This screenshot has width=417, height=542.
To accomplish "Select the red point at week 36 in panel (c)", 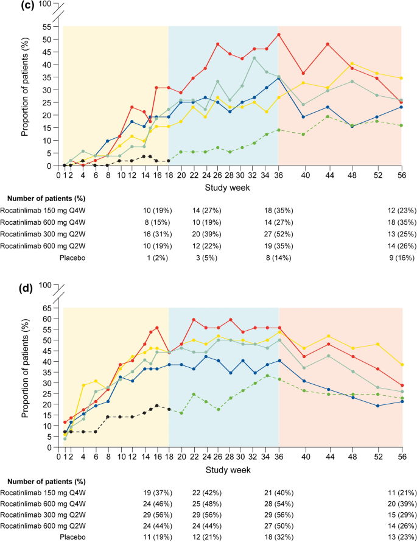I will coord(279,34).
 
